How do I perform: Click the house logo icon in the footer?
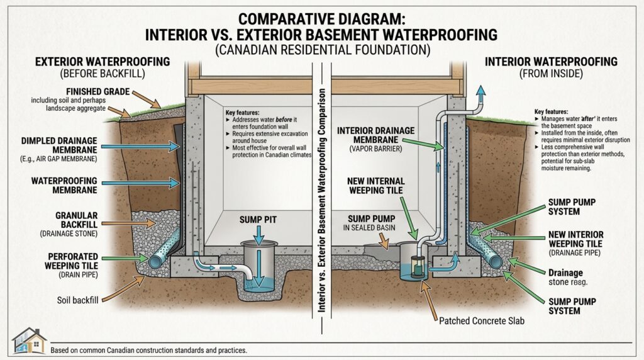click(x=29, y=340)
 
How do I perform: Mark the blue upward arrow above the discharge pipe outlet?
click(x=482, y=92)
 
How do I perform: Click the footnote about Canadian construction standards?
click(x=150, y=349)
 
